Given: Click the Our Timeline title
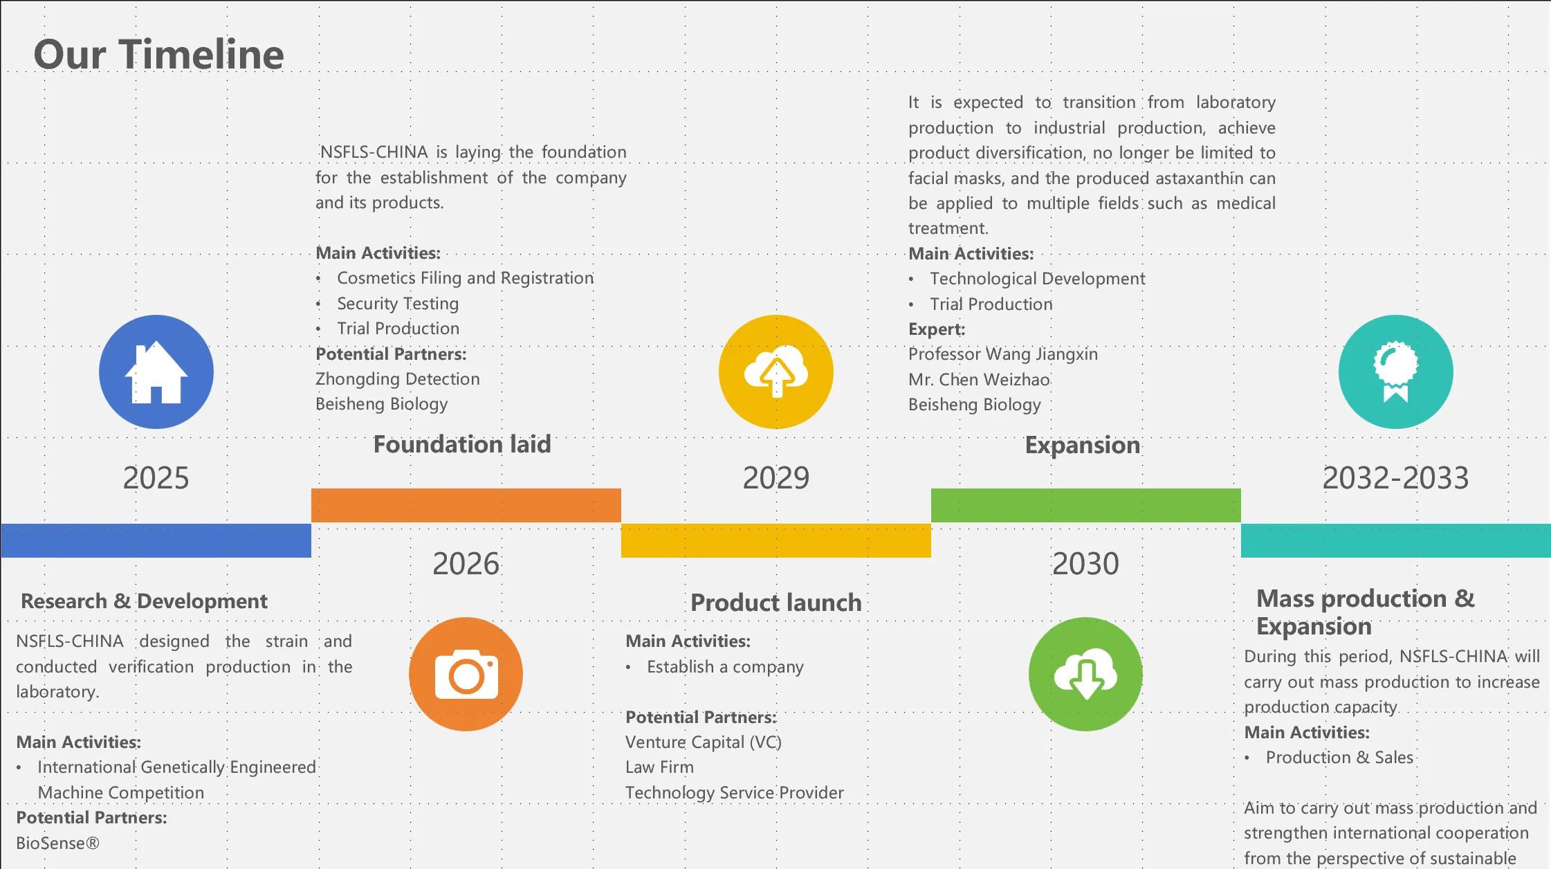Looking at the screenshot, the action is point(158,55).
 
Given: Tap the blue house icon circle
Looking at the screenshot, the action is point(156,372).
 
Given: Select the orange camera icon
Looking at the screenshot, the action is point(466,674).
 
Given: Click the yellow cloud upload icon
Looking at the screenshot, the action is point(776,372).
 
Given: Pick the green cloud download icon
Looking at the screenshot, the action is point(1085,674).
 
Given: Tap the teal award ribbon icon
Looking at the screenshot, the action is point(1396,372).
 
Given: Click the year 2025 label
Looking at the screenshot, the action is point(156,478).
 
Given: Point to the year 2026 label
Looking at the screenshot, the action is point(466,564).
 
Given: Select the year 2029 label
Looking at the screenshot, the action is point(776,478).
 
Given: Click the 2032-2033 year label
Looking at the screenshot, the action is point(1396,478).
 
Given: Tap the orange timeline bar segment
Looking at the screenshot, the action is point(466,505).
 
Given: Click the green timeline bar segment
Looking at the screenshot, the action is point(1086,505).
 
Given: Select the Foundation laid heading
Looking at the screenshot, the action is point(462,444).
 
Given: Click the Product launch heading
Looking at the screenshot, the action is point(776,603).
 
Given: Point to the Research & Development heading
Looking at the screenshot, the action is point(144,601).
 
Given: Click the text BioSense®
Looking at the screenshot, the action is point(58,843).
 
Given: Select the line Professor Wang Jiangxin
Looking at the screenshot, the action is point(1003,354).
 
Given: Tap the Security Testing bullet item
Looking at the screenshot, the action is point(398,304).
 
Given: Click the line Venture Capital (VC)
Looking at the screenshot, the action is point(704,742).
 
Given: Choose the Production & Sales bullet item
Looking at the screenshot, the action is point(1340,758).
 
